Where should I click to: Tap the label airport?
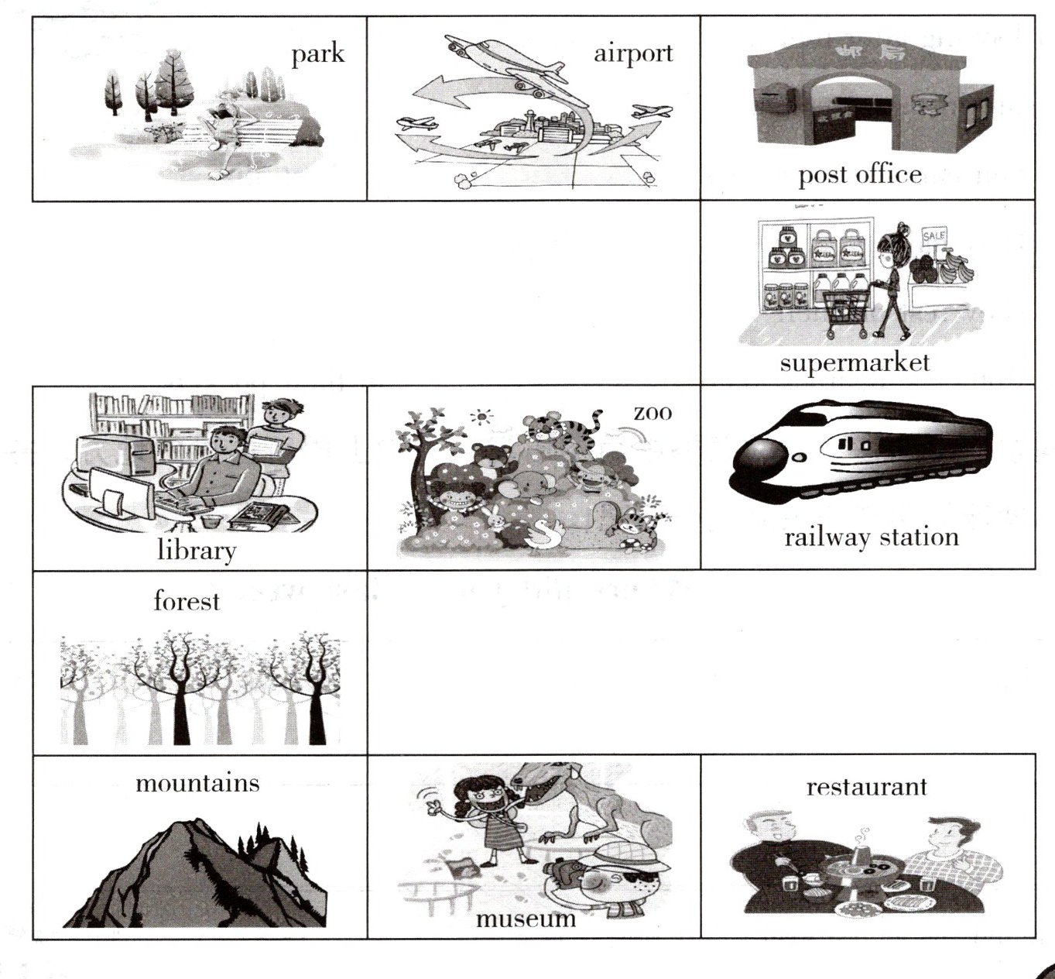633,54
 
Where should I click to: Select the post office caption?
860,176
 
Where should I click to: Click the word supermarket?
855,363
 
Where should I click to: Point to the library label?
197,551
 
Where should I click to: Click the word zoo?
653,413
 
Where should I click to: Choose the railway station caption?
872,537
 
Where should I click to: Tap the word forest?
187,601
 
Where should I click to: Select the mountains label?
197,783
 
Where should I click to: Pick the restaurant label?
866,787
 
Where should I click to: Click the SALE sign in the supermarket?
934,235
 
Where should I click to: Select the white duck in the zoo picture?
543,534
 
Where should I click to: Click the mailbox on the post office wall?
776,98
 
